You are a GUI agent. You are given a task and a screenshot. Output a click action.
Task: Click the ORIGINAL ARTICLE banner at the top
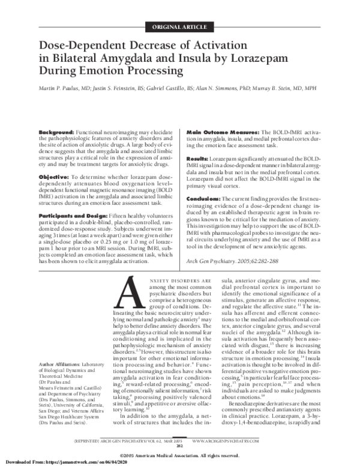(179, 25)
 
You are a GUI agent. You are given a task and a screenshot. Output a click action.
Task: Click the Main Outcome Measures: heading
(223, 132)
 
